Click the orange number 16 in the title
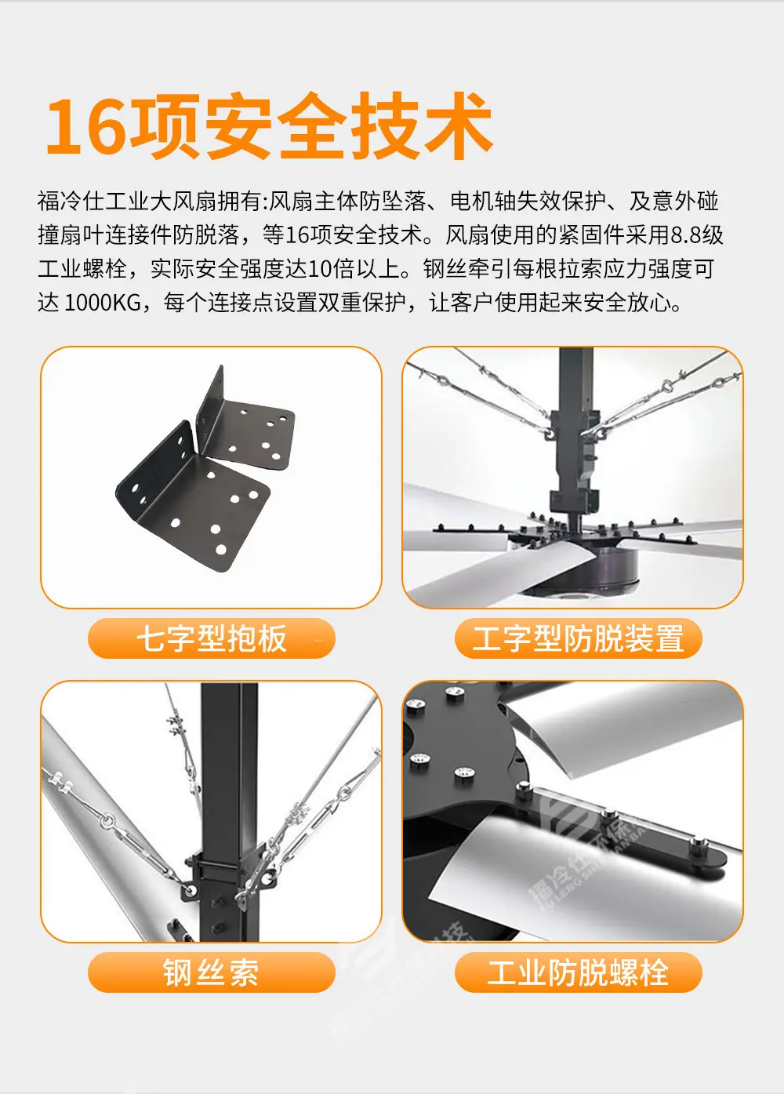click(86, 126)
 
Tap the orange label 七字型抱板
click(212, 638)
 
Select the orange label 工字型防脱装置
click(578, 638)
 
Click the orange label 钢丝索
click(212, 972)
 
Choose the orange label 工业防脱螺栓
click(578, 972)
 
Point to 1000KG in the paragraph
click(103, 303)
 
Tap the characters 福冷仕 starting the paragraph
click(71, 202)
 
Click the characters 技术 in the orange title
click(422, 126)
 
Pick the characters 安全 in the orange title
click(274, 126)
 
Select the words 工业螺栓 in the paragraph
click(82, 269)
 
